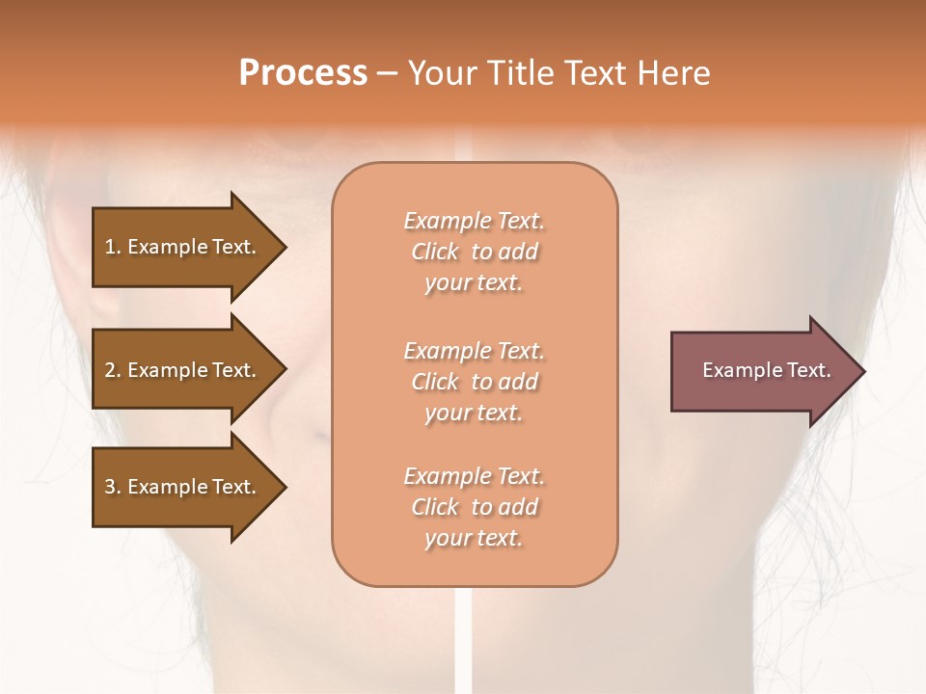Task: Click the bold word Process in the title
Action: (x=303, y=73)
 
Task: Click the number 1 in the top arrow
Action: (x=110, y=247)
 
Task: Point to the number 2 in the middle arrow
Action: (x=110, y=370)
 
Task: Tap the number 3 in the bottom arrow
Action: (x=110, y=487)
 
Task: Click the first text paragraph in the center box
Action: (x=474, y=252)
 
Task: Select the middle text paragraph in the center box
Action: (x=474, y=382)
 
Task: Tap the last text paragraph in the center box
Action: (x=474, y=507)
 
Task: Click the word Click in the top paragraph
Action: (x=435, y=252)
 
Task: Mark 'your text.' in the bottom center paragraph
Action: (x=474, y=539)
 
